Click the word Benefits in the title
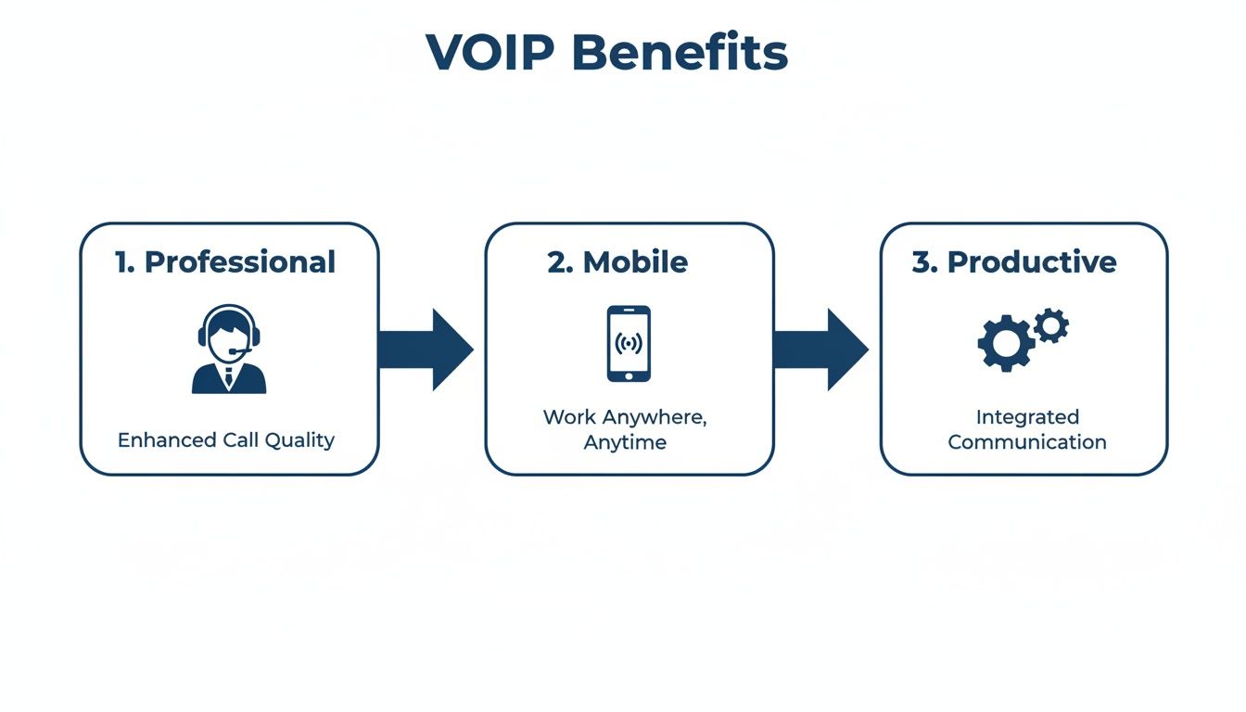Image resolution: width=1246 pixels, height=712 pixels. pyautogui.click(x=680, y=53)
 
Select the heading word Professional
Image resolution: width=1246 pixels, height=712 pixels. pyautogui.click(x=240, y=262)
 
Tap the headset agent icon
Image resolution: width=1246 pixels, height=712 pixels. pyautogui.click(x=229, y=350)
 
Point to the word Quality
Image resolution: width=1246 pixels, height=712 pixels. pyautogui.click(x=299, y=440)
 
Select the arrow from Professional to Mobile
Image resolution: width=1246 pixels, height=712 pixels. pyautogui.click(x=426, y=350)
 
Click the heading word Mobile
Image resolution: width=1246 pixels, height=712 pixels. pyautogui.click(x=636, y=262)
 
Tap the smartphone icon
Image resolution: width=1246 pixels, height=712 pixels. pyautogui.click(x=629, y=344)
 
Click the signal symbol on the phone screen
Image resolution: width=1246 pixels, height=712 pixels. pyautogui.click(x=629, y=344)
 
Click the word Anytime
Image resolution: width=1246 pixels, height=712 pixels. pyautogui.click(x=625, y=442)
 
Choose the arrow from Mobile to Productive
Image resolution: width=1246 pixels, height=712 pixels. pyautogui.click(x=821, y=350)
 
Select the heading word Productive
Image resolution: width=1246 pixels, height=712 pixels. pyautogui.click(x=1032, y=262)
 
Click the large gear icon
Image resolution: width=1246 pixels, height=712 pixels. pyautogui.click(x=1006, y=344)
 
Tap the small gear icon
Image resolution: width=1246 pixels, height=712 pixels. pyautogui.click(x=1051, y=325)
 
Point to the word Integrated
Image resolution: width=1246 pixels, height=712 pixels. pyautogui.click(x=1027, y=417)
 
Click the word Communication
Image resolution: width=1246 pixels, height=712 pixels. pyautogui.click(x=1027, y=442)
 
